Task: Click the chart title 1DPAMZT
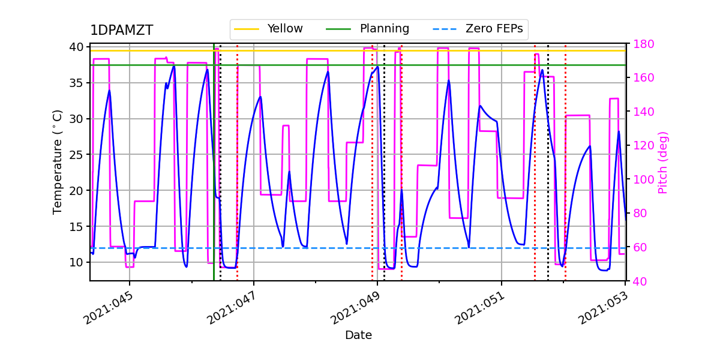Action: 121,31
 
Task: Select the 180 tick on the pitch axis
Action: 640,44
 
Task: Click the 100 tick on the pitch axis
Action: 640,179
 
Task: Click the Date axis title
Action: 358,335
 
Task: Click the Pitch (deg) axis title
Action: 663,162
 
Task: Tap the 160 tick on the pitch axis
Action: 640,78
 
